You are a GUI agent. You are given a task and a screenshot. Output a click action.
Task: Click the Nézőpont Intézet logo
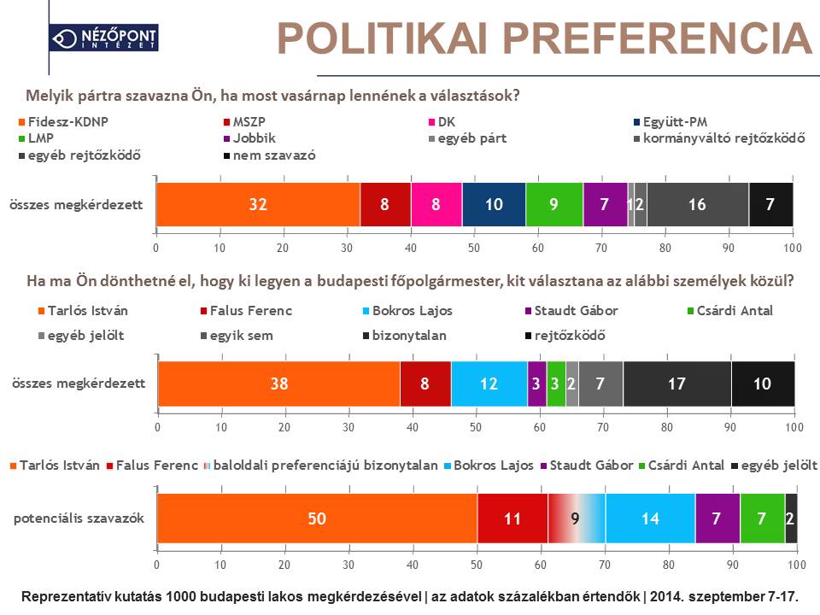pyautogui.click(x=103, y=38)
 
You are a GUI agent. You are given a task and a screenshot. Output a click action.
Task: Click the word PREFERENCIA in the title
pyautogui.click(x=656, y=38)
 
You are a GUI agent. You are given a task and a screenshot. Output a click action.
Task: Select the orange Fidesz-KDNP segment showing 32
pyautogui.click(x=258, y=205)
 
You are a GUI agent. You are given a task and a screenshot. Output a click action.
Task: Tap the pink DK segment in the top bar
pyautogui.click(x=436, y=205)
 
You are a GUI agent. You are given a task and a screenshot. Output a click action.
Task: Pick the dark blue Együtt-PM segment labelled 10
pyautogui.click(x=494, y=205)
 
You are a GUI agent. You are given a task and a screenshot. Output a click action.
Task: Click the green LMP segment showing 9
pyautogui.click(x=554, y=205)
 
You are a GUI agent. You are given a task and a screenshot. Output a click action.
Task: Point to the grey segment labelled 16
pyautogui.click(x=697, y=205)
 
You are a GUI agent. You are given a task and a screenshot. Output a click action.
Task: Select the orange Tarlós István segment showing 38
pyautogui.click(x=278, y=384)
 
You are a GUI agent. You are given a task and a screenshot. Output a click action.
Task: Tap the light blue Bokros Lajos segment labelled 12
pyautogui.click(x=489, y=384)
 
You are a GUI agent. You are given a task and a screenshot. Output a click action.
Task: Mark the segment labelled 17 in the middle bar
pyautogui.click(x=676, y=384)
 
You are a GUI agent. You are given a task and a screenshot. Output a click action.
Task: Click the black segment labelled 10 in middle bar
pyautogui.click(x=762, y=384)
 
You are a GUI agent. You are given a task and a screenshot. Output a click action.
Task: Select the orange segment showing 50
pyautogui.click(x=317, y=518)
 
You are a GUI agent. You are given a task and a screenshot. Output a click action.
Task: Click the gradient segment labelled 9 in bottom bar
pyautogui.click(x=577, y=518)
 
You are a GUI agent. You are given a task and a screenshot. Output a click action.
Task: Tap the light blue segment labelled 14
pyautogui.click(x=650, y=518)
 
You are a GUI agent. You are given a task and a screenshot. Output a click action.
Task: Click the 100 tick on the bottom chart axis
pyautogui.click(x=796, y=565)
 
